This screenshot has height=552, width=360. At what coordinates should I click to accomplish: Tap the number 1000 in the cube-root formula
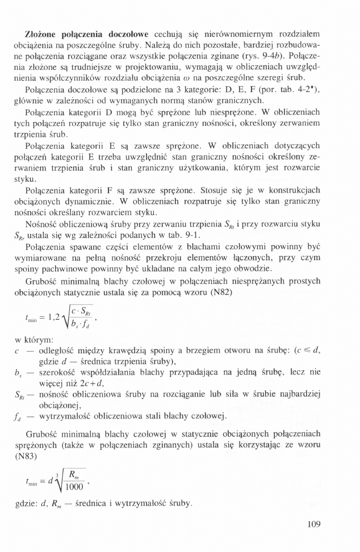(x=74, y=486)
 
